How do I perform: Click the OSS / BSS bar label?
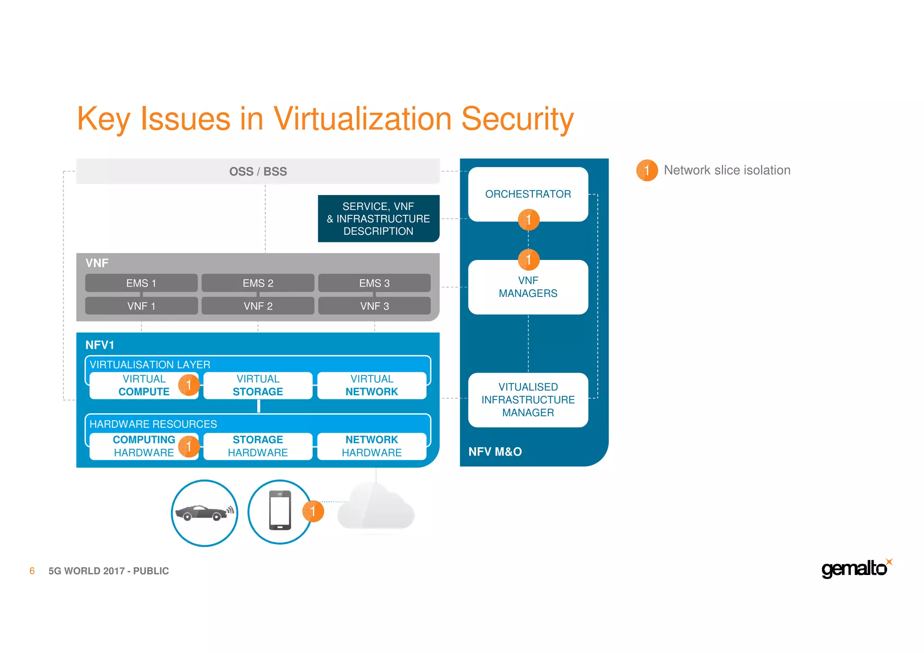point(258,171)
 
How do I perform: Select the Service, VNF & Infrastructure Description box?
point(378,219)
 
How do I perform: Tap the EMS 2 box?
point(258,283)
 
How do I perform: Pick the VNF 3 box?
point(374,306)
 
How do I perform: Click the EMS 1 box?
point(141,283)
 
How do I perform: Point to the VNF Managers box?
point(528,287)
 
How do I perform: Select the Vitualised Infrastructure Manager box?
point(528,400)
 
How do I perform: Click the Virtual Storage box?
point(258,385)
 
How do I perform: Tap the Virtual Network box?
point(372,385)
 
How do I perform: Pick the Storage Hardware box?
point(258,446)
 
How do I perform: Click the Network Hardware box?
point(372,446)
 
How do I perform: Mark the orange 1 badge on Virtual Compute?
point(189,385)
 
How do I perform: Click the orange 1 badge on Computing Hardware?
point(189,446)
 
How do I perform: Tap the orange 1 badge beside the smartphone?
point(313,511)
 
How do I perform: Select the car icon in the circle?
point(204,513)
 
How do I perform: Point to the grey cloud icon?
point(375,508)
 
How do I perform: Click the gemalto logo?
point(855,569)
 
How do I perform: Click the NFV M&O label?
point(495,452)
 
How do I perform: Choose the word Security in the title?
point(517,119)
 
